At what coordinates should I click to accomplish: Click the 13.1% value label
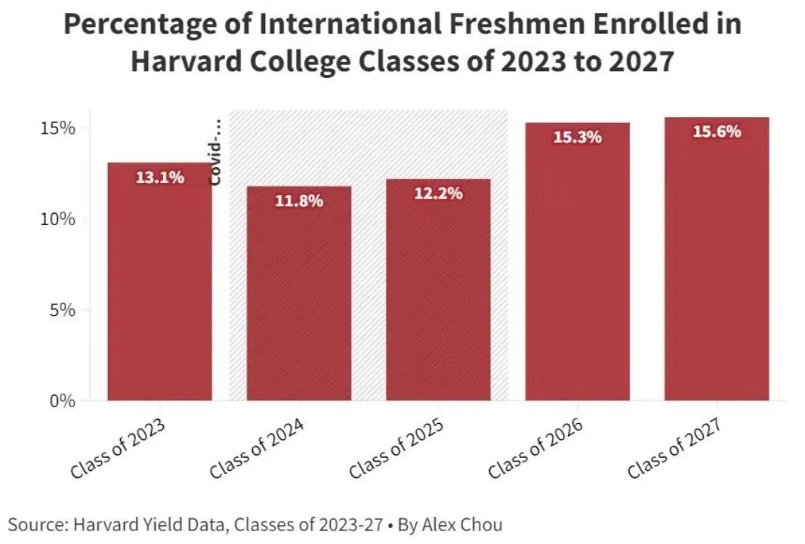coord(159,178)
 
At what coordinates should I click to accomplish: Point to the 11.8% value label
coord(299,201)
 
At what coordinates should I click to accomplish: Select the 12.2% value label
coord(438,193)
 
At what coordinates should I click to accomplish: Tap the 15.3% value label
coord(577,138)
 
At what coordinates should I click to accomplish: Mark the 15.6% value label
coord(717,131)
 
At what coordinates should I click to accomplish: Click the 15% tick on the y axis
coord(57,128)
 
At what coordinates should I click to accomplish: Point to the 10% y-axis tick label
coord(57,219)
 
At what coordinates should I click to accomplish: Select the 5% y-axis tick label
coord(62,310)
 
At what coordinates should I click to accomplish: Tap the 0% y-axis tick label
coord(62,400)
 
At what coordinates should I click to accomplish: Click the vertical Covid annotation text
coord(216,152)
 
